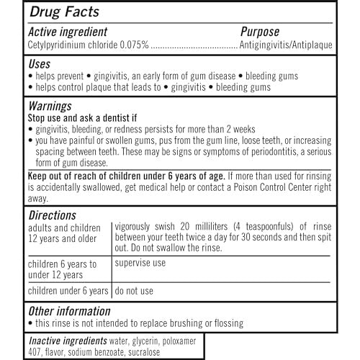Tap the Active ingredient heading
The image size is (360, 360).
(67, 32)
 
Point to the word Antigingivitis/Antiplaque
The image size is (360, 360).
(286, 45)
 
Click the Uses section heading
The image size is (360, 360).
(41, 63)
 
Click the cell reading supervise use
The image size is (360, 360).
(140, 263)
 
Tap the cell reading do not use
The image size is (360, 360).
(133, 291)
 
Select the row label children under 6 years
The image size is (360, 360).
(68, 291)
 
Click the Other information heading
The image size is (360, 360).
(68, 310)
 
